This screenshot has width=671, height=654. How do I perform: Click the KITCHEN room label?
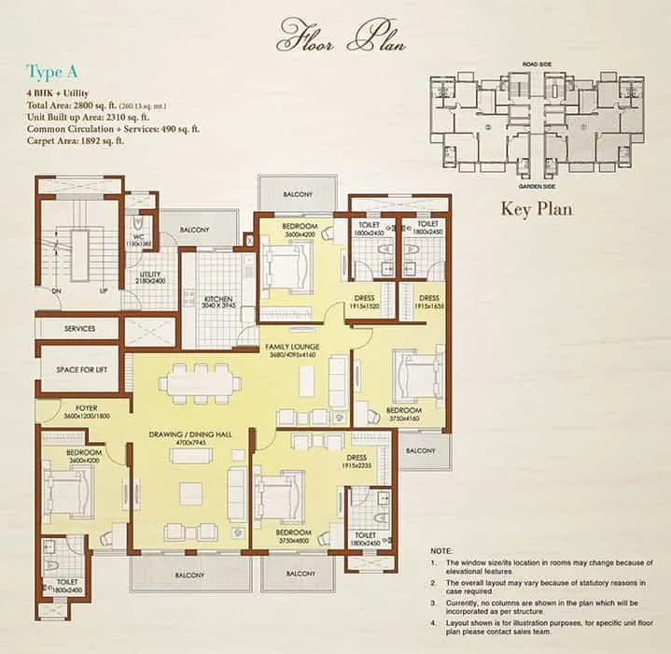point(217,299)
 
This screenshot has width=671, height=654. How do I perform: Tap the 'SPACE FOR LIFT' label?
point(78,370)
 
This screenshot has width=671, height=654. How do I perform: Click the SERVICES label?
point(79,329)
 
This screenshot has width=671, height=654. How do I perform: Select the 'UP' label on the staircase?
point(103,291)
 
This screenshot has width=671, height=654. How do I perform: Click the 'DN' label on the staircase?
point(56,291)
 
